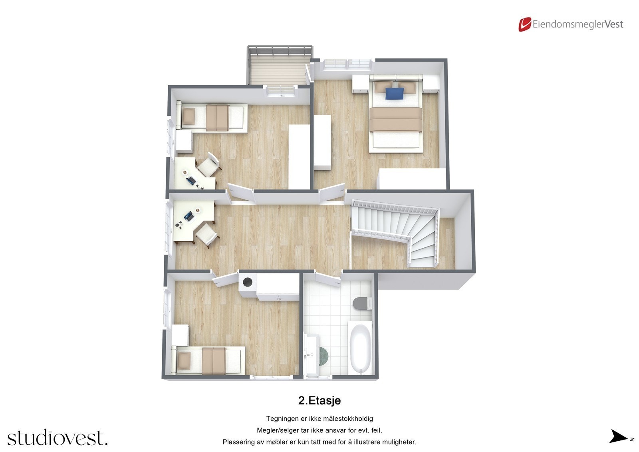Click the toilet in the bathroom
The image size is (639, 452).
pyautogui.click(x=361, y=303)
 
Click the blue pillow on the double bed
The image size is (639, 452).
pyautogui.click(x=395, y=93)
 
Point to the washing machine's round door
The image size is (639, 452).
pyautogui.click(x=248, y=283)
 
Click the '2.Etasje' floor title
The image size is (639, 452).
pyautogui.click(x=319, y=400)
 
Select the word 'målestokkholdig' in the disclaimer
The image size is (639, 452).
pyautogui.click(x=347, y=419)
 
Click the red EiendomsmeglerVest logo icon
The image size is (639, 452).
pyautogui.click(x=525, y=24)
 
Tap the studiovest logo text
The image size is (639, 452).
pyautogui.click(x=57, y=438)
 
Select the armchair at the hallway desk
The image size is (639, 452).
pyautogui.click(x=207, y=235)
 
